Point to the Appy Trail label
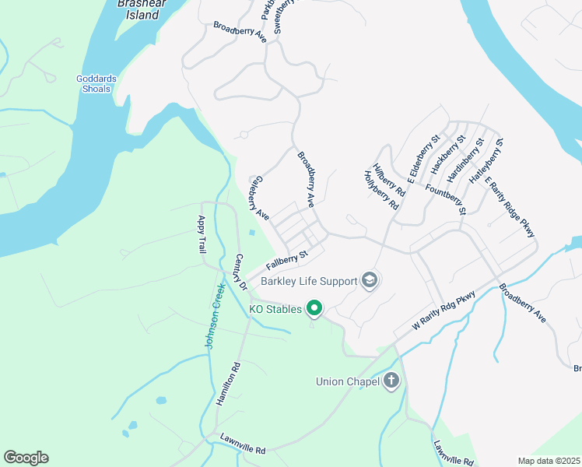point(202,234)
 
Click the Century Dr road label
point(237,272)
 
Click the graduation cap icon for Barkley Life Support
point(370,280)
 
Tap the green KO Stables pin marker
point(314,309)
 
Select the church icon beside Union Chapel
point(391,381)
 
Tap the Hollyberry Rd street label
point(381,191)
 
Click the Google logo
point(26,458)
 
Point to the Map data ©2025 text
point(549,461)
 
